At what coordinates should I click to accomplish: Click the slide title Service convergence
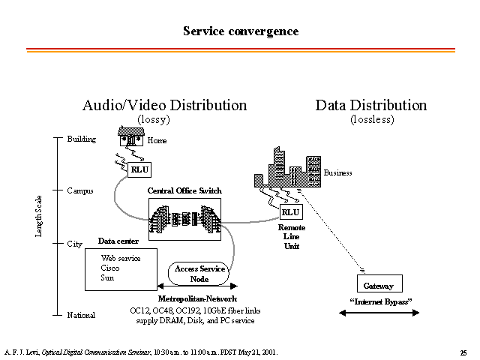click(241, 31)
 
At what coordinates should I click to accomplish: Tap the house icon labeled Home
click(131, 136)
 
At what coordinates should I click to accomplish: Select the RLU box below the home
click(139, 169)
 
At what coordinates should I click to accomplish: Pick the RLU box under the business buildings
click(291, 211)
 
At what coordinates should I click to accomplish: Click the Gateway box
click(379, 283)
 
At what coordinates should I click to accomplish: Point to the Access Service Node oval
click(198, 274)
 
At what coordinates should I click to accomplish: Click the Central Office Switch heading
click(184, 190)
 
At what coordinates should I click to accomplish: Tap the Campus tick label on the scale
click(80, 191)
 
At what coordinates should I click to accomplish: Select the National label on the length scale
click(81, 315)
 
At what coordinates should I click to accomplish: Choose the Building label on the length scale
click(82, 139)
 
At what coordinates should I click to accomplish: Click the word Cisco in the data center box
click(110, 268)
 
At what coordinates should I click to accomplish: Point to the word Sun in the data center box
click(107, 278)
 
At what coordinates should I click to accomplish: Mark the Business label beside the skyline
click(338, 173)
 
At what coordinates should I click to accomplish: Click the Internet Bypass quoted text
click(381, 301)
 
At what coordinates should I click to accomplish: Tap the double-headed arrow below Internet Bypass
click(379, 313)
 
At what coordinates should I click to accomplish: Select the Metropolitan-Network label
click(197, 298)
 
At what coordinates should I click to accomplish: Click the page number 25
click(463, 353)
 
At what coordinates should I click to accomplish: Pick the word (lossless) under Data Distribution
click(372, 119)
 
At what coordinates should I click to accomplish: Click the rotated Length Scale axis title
click(38, 216)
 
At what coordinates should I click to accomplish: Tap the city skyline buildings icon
click(288, 167)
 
